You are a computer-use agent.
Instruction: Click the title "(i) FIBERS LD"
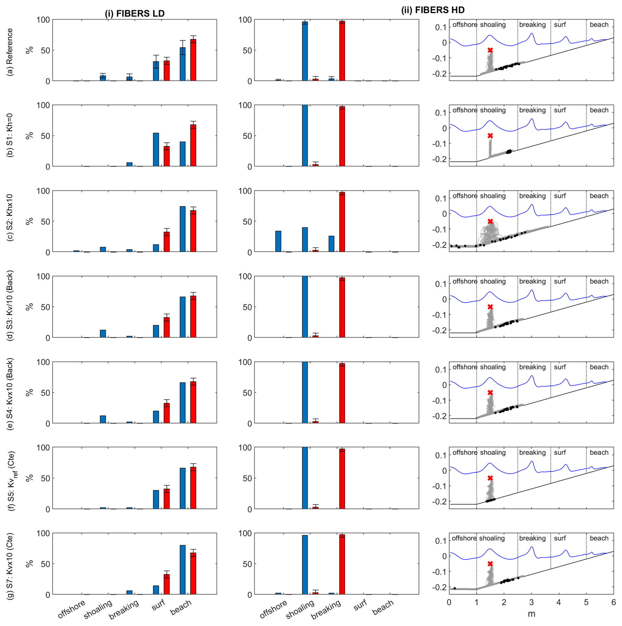pyautogui.click(x=134, y=13)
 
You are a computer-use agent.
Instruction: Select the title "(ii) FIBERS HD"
pyautogui.click(x=433, y=10)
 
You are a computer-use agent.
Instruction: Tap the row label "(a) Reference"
pyautogui.click(x=10, y=52)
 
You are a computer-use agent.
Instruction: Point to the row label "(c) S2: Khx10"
pyautogui.click(x=10, y=217)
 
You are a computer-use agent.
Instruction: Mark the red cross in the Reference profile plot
pyautogui.click(x=490, y=50)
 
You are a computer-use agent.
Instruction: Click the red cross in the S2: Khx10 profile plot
pyautogui.click(x=490, y=221)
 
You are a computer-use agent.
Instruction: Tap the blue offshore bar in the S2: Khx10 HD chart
pyautogui.click(x=278, y=241)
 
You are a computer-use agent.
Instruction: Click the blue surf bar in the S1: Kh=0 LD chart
pyautogui.click(x=156, y=150)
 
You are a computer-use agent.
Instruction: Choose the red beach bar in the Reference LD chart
pyautogui.click(x=193, y=60)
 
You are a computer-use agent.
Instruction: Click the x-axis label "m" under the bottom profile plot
pyautogui.click(x=531, y=614)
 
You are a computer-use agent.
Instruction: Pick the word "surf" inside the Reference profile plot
pyautogui.click(x=560, y=25)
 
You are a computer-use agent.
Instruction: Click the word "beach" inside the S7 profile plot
pyautogui.click(x=599, y=538)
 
